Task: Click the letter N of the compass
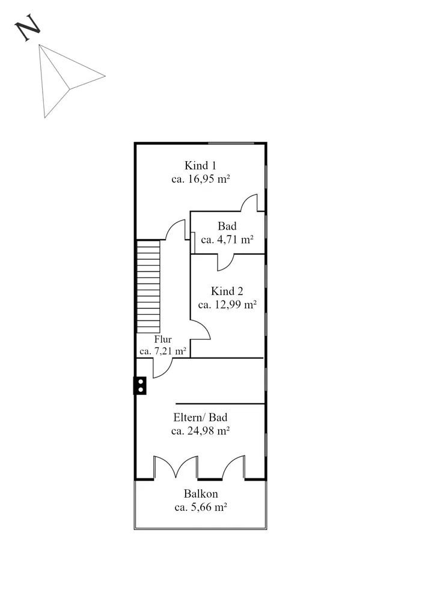tap(27, 28)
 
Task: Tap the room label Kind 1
tap(200, 166)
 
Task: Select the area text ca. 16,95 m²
tap(200, 179)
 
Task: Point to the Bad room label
tap(227, 226)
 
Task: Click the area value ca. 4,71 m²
tap(227, 240)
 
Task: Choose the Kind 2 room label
tap(227, 291)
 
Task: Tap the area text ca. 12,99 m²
tap(227, 305)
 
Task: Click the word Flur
tap(163, 339)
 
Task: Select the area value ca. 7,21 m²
tap(163, 351)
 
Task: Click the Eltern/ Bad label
tap(200, 418)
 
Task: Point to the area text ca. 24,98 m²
tap(200, 431)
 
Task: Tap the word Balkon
tap(200, 493)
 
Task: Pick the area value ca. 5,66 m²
tap(200, 507)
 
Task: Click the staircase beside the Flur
tap(148, 287)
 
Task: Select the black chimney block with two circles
tap(140, 386)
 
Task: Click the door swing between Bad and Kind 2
tap(226, 263)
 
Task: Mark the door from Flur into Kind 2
tap(200, 329)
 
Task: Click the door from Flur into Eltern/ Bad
tap(163, 368)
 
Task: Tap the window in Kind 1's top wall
tap(231, 144)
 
